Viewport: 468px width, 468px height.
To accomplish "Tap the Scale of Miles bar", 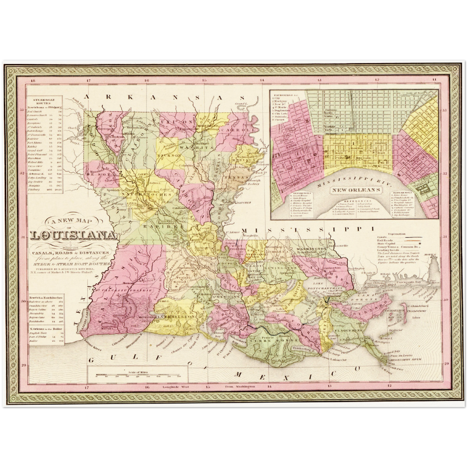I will click(138, 376).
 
